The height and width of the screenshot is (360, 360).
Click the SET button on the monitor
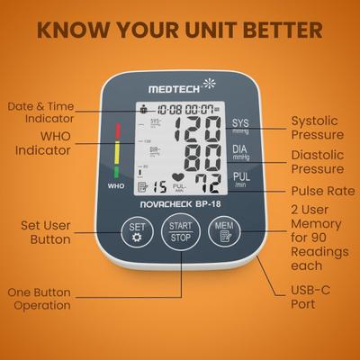point(137,231)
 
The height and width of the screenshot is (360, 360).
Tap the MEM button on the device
point(223,232)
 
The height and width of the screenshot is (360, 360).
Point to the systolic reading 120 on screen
point(195,130)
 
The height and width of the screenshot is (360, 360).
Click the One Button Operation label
point(39,299)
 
